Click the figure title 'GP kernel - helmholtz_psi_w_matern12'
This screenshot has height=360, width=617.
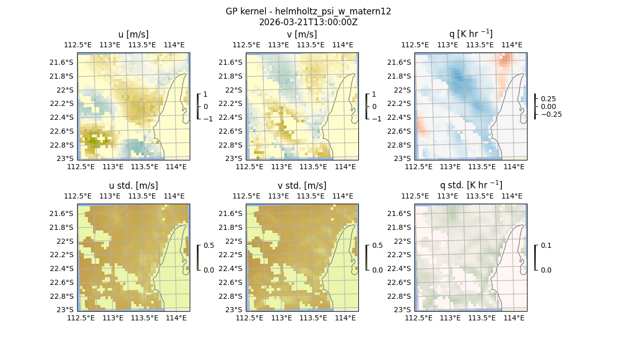click(x=308, y=11)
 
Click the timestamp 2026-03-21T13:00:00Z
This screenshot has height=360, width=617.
click(x=308, y=22)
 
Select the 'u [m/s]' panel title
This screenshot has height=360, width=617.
click(x=133, y=34)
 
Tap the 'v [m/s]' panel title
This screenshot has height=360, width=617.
click(x=302, y=34)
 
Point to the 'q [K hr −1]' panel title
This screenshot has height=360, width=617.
click(x=470, y=34)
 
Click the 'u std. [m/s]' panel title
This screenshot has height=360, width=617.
click(x=133, y=186)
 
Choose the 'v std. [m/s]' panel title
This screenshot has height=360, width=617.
click(x=302, y=186)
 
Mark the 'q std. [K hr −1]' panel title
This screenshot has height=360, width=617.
click(x=470, y=185)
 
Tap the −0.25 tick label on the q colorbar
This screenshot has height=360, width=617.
click(x=551, y=114)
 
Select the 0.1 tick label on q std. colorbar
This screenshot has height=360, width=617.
click(x=546, y=246)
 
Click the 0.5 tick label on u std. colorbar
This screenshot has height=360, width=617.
click(x=209, y=246)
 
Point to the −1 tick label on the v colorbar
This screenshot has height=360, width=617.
click(x=377, y=118)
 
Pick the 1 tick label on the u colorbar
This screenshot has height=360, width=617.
click(x=206, y=95)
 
